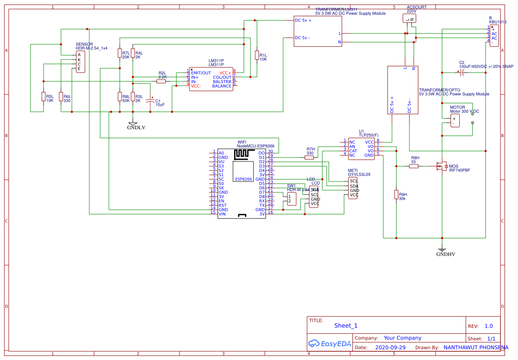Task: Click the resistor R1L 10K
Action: coord(257,55)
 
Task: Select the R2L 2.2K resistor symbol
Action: coord(161,81)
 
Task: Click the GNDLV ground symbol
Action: coord(133,124)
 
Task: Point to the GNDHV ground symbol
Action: coord(442,250)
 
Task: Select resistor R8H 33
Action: coord(414,166)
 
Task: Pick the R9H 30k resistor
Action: coord(396,195)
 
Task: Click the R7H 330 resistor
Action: coord(309,158)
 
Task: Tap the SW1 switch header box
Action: coord(291,199)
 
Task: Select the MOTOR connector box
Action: coord(454,121)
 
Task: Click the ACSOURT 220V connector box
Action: coord(410,18)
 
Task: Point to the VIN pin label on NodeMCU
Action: coord(222,214)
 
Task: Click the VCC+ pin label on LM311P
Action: coord(225,73)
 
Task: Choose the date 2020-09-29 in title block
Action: coord(390,348)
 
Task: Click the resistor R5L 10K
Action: coord(44,97)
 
